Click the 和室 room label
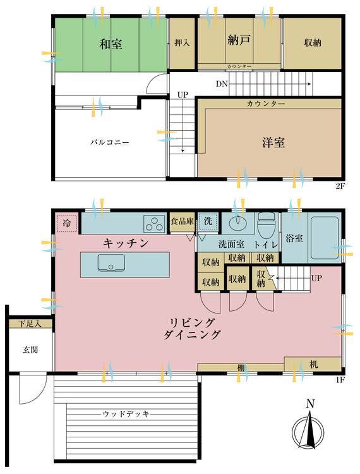(111, 44)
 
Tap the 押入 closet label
(183, 44)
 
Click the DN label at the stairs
(222, 83)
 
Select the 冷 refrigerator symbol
(67, 223)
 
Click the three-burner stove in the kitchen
(153, 224)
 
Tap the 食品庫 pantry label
(183, 222)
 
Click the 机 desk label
(314, 365)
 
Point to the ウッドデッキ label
(127, 414)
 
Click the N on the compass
(309, 404)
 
